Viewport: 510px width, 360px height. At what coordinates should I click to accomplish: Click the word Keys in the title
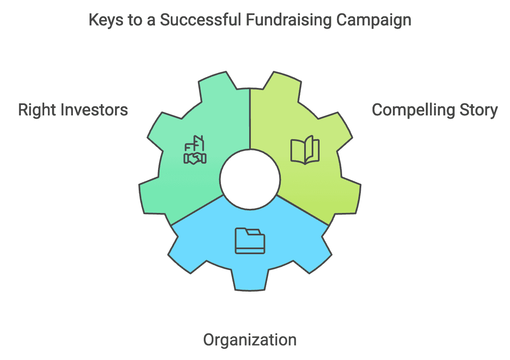pyautogui.click(x=106, y=20)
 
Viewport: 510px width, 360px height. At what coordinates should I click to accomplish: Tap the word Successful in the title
pyautogui.click(x=200, y=20)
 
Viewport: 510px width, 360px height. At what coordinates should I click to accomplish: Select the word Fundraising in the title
pyautogui.click(x=289, y=20)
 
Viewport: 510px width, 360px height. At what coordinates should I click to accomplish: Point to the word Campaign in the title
pyautogui.click(x=374, y=20)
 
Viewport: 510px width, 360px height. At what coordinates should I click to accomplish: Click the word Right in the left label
pyautogui.click(x=37, y=110)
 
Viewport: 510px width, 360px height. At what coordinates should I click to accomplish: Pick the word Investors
pyautogui.click(x=94, y=110)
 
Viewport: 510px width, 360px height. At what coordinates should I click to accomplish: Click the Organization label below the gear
pyautogui.click(x=250, y=340)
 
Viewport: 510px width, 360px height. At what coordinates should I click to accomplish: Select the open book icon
pyautogui.click(x=305, y=150)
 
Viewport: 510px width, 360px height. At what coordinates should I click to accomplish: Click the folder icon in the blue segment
pyautogui.click(x=250, y=241)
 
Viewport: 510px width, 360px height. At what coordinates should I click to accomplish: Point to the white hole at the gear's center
pyautogui.click(x=250, y=180)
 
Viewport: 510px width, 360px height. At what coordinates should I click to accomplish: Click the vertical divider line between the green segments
pyautogui.click(x=250, y=119)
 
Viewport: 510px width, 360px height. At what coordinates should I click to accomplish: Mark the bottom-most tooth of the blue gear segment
pyautogui.click(x=250, y=280)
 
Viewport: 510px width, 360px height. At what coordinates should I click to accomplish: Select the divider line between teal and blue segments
pyautogui.click(x=197, y=210)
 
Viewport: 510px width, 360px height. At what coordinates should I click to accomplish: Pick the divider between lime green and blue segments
pyautogui.click(x=303, y=210)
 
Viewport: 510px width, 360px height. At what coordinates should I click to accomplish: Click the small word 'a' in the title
pyautogui.click(x=151, y=21)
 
